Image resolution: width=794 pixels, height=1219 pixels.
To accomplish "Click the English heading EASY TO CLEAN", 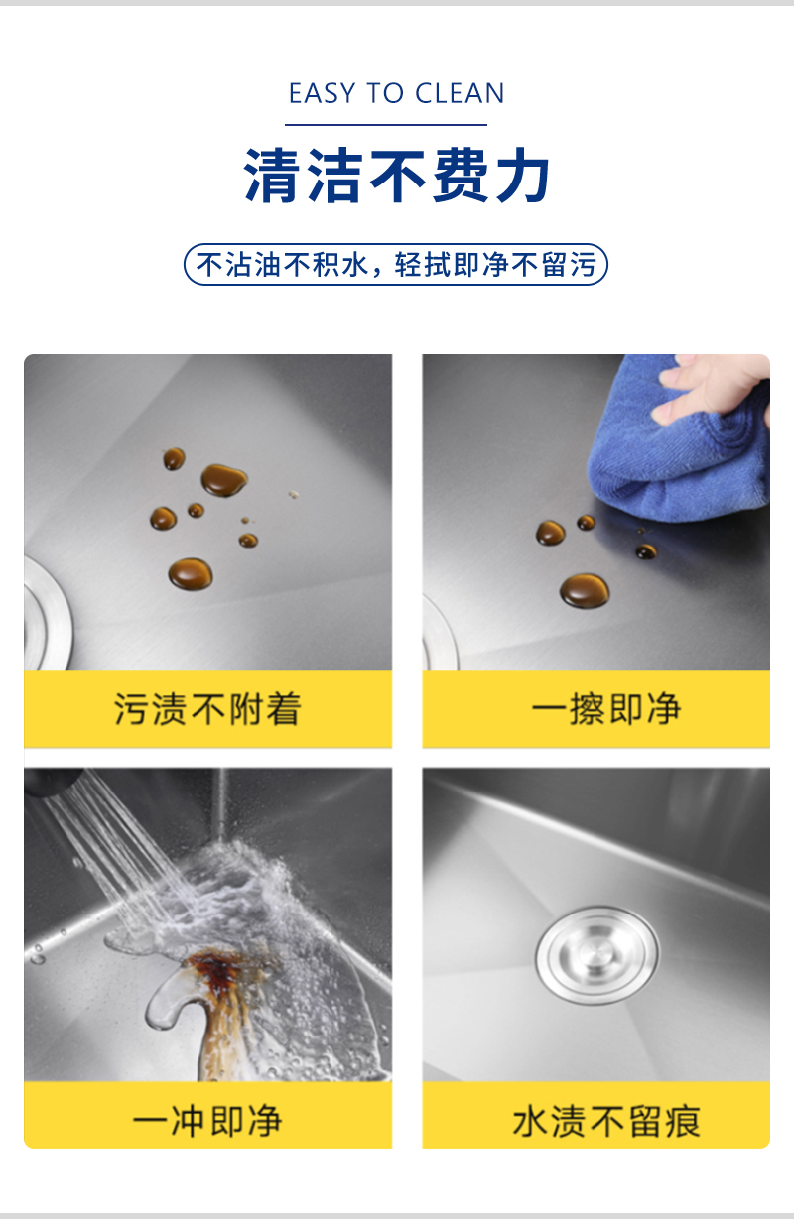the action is coord(396,93).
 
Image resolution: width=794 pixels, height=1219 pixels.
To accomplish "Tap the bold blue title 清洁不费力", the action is coord(396,176).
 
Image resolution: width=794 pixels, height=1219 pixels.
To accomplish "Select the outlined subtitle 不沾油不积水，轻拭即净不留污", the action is coord(396,265).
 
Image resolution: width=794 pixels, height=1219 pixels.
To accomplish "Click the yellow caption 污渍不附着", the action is coord(207,708).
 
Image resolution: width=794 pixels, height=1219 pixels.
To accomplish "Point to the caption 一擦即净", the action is coord(606,708).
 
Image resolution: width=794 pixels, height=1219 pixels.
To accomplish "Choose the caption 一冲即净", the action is coord(207,1121).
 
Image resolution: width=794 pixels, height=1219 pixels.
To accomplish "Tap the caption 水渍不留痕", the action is coord(606,1121).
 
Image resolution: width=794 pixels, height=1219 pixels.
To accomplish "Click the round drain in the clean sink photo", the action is coord(596,954).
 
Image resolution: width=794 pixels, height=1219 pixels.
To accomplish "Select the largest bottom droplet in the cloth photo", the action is coord(585,590).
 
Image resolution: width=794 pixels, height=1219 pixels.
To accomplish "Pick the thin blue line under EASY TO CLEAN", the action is coord(386,125).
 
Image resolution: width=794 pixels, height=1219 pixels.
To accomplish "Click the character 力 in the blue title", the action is coord(522,176).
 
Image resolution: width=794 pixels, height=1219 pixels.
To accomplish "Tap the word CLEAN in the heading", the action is coord(460,93).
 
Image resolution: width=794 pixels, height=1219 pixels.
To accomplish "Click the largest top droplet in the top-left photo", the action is coord(224,480).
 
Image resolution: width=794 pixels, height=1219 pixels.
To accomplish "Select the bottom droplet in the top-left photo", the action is coord(191,574).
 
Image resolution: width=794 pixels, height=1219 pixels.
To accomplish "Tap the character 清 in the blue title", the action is coord(271,176).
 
